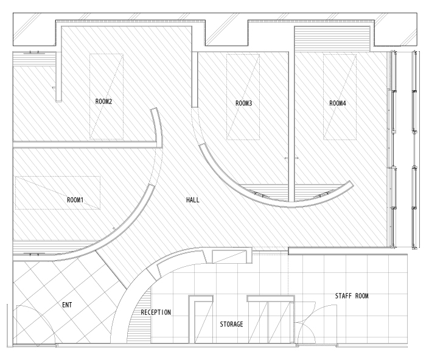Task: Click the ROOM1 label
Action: click(x=75, y=200)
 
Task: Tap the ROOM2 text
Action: click(x=103, y=101)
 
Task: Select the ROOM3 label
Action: click(x=243, y=104)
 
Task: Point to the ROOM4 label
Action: click(x=338, y=104)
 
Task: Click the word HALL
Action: click(x=193, y=200)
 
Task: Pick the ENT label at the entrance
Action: click(x=67, y=305)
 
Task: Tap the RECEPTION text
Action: click(x=156, y=312)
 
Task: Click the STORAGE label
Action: click(x=231, y=324)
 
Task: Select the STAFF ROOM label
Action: click(x=352, y=296)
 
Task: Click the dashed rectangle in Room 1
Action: click(x=58, y=177)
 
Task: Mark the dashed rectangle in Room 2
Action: click(x=90, y=97)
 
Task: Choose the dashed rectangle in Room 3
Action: click(x=226, y=97)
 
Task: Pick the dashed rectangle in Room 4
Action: click(x=323, y=97)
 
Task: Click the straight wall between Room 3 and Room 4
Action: click(x=291, y=126)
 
